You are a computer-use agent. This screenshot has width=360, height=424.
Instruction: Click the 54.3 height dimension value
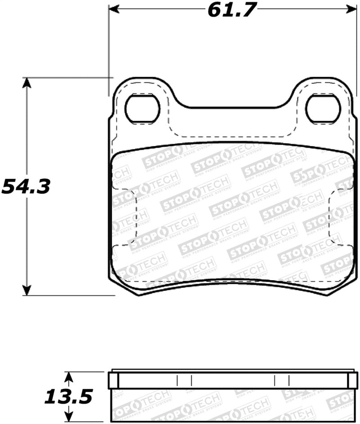point(26,186)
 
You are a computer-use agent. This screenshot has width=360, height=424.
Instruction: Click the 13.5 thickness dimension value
point(68,397)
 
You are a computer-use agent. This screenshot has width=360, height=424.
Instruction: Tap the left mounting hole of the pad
point(142,109)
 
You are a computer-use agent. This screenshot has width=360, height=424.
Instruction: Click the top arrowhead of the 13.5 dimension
point(68,376)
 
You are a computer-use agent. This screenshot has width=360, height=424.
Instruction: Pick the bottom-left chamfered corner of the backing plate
point(124,288)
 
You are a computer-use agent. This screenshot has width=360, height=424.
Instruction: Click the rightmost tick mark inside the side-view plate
point(288,380)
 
